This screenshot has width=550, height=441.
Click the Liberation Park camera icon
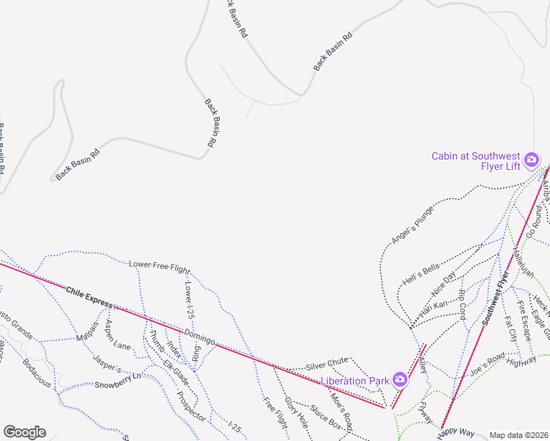(400, 379)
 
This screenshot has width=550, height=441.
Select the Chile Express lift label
(89, 297)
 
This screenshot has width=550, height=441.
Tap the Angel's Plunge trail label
(412, 225)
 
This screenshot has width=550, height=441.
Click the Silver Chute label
(326, 364)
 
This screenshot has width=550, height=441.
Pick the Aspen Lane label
(117, 335)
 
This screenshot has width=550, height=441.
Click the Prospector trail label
(190, 404)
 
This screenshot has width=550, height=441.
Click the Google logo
(24, 432)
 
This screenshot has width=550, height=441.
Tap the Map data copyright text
(518, 435)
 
